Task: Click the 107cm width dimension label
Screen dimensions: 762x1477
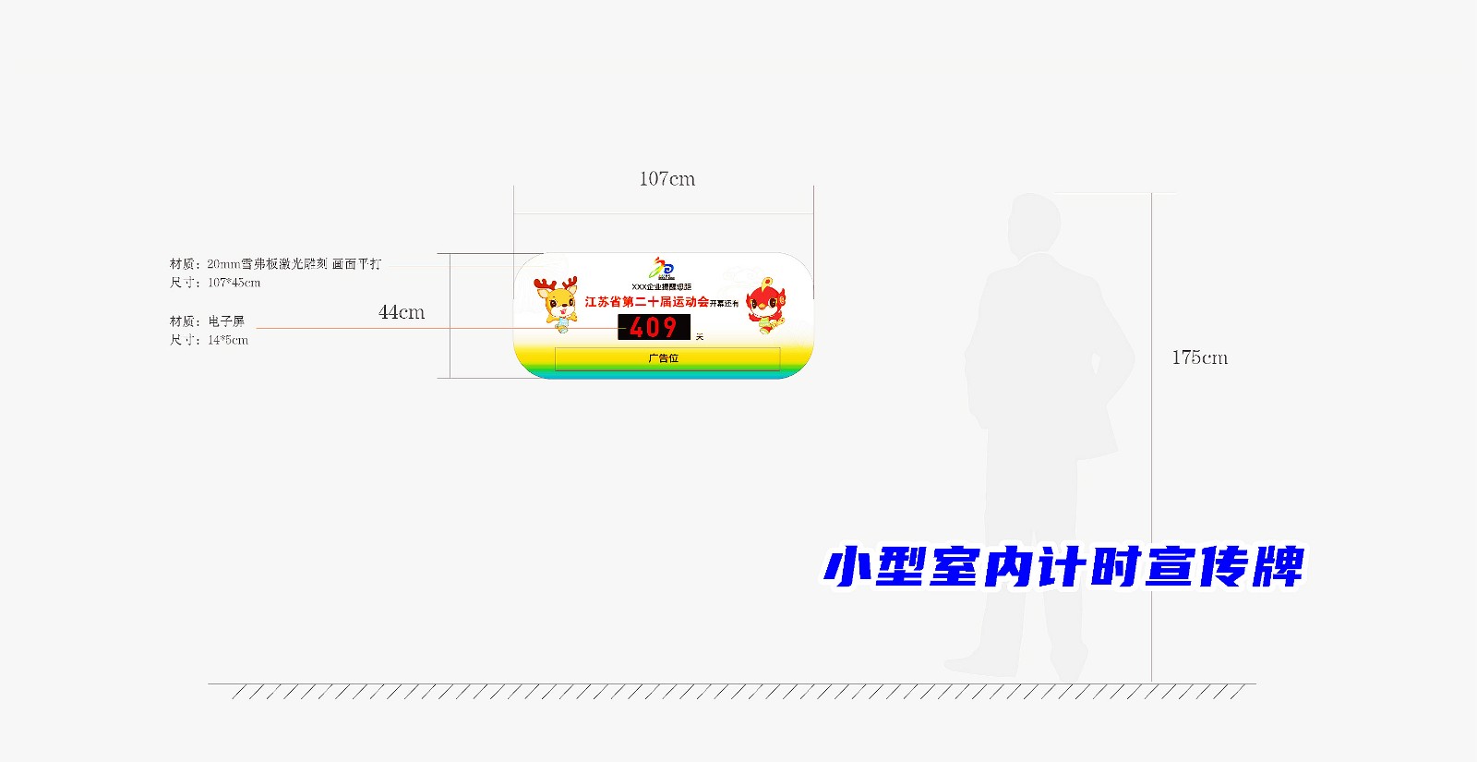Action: (666, 179)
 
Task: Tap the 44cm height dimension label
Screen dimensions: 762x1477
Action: (402, 313)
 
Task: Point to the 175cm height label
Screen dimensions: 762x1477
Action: (1199, 358)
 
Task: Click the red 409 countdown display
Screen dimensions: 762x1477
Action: (654, 328)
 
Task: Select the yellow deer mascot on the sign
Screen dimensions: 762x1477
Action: (557, 303)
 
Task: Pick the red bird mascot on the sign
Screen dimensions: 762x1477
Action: (766, 304)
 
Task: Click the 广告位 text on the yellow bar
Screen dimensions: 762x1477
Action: (664, 358)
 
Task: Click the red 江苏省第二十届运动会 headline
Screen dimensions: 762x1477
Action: (646, 302)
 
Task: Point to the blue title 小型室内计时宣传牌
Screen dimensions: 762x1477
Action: (1063, 566)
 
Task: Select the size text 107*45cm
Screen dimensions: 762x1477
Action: (234, 283)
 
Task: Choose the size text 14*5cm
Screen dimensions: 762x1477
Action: (228, 340)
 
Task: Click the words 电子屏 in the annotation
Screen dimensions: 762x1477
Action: (226, 321)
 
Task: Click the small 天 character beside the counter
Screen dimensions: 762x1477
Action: (700, 337)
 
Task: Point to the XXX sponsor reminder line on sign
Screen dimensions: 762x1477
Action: (661, 287)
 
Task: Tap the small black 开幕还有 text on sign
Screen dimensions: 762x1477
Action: (725, 304)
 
